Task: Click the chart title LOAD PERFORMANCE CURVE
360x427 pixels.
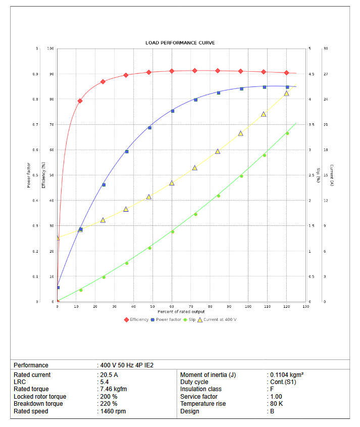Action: click(180, 43)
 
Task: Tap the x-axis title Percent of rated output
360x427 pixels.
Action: click(181, 312)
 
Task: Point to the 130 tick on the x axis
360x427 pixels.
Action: click(305, 307)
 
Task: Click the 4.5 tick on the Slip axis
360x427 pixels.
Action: click(311, 74)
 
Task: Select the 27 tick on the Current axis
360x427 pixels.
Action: click(326, 74)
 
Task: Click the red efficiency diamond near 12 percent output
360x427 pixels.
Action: click(80, 101)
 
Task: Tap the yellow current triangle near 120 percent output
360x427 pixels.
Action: click(286, 93)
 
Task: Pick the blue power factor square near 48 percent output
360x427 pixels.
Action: click(149, 128)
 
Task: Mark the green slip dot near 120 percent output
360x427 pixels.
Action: click(287, 133)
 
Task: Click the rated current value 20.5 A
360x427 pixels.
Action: click(109, 375)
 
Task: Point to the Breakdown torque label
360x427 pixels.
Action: click(38, 404)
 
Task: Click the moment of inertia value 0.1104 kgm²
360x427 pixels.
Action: click(287, 375)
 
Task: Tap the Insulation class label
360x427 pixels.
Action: click(201, 389)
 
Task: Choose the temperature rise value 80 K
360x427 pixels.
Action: click(277, 404)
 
